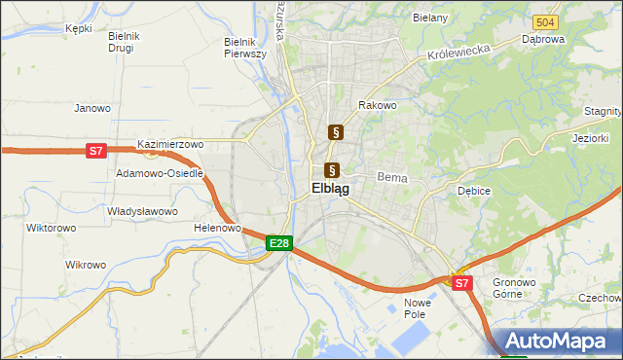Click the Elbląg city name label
331,189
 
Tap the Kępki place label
78,28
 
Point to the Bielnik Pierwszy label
245,48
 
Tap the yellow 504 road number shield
545,21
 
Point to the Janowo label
92,108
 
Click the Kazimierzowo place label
170,144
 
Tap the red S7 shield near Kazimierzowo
95,151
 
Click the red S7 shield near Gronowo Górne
462,283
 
